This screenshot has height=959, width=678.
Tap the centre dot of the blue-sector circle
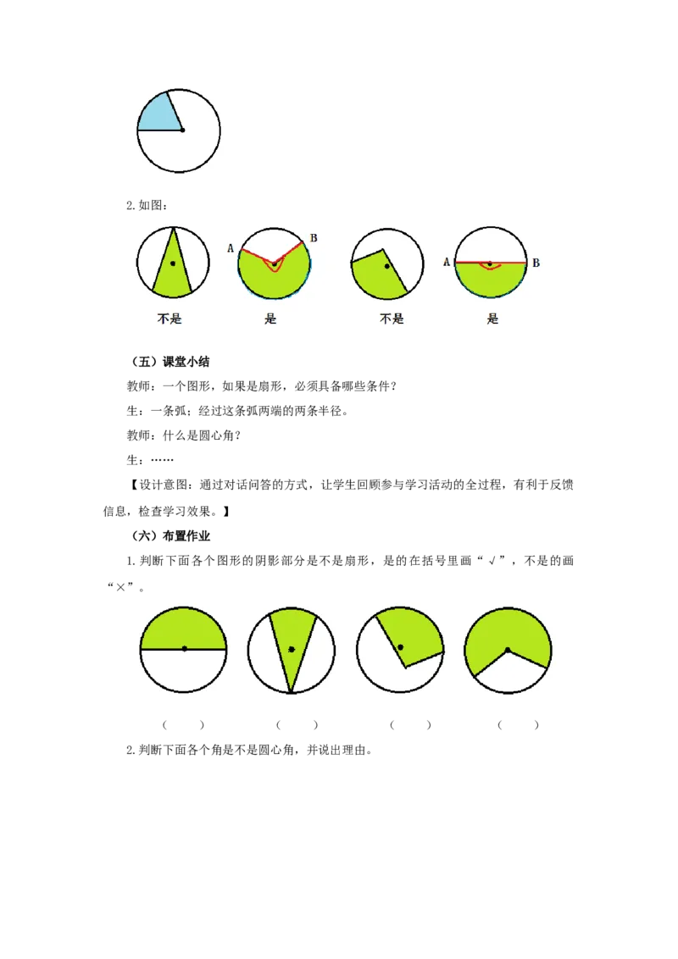click(182, 130)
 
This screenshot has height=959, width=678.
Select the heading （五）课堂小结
click(170, 362)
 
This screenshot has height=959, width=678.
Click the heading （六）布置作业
click(170, 535)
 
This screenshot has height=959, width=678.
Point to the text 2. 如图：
click(147, 206)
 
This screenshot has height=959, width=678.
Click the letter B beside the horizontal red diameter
click(536, 263)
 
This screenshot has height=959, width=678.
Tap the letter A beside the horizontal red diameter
click(447, 263)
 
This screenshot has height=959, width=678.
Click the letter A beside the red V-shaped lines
click(231, 248)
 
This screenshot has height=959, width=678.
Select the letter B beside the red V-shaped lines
click(314, 238)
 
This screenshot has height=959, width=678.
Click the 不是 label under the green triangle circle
click(169, 319)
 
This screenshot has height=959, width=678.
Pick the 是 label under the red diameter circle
click(492, 319)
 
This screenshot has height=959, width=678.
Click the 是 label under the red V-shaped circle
click(270, 319)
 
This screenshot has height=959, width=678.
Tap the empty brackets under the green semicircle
click(183, 724)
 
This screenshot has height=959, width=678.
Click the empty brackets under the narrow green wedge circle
click(297, 724)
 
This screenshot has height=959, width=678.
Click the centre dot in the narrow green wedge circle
click(292, 649)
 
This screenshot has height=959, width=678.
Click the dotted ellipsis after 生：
click(162, 460)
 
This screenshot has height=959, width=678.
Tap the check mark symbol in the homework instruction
click(492, 561)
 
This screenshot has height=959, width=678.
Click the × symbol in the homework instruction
click(120, 587)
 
